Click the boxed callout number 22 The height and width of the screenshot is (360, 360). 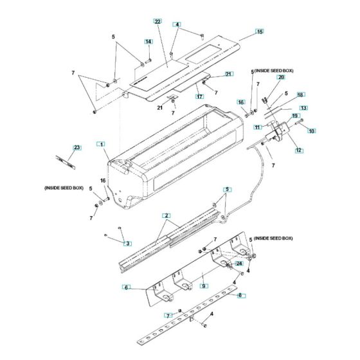157,21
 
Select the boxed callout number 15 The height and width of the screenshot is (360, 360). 260,31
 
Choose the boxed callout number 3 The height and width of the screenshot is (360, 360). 127,243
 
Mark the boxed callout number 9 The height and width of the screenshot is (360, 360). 203,285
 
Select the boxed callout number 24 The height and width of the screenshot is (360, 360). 239,262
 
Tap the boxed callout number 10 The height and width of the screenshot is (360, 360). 312,131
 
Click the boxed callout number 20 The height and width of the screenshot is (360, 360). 280,76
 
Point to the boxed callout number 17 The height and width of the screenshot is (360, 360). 199,95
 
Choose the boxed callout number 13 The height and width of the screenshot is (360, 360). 303,107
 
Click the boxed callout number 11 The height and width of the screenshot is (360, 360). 256,127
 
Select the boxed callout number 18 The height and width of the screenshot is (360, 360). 300,94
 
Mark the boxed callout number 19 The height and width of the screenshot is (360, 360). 296,116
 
